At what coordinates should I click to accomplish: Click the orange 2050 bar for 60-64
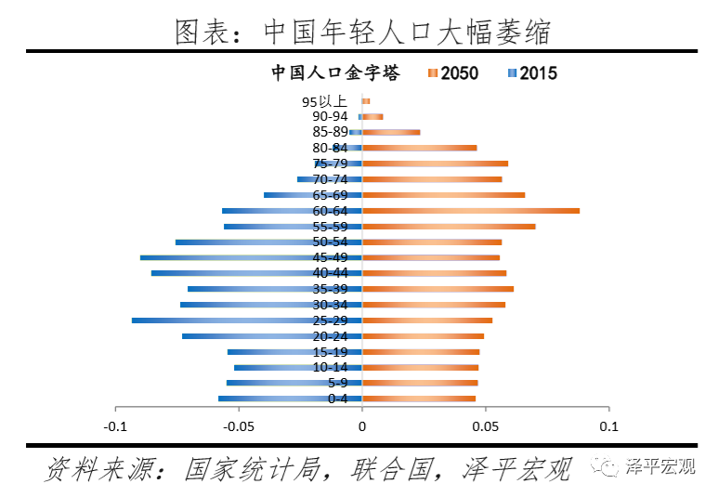point(471,211)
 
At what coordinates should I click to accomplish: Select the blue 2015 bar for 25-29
point(246,320)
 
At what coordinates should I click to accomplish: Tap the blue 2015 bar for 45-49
point(251,257)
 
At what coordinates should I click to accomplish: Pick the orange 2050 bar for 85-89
point(391,132)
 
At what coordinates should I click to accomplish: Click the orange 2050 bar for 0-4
point(419,399)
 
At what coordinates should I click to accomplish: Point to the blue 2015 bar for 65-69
point(312,195)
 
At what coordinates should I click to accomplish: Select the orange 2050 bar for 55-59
point(449,226)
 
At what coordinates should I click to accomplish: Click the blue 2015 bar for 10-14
point(297,368)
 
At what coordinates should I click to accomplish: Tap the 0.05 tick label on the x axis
point(486,427)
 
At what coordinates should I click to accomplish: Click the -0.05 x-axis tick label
point(239,427)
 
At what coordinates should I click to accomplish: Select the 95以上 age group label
point(325,101)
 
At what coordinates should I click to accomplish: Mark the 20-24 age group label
point(330,336)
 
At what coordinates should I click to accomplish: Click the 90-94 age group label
point(330,116)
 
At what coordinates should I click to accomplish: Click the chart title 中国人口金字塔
point(335,73)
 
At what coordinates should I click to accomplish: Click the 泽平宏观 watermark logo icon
point(609,467)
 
